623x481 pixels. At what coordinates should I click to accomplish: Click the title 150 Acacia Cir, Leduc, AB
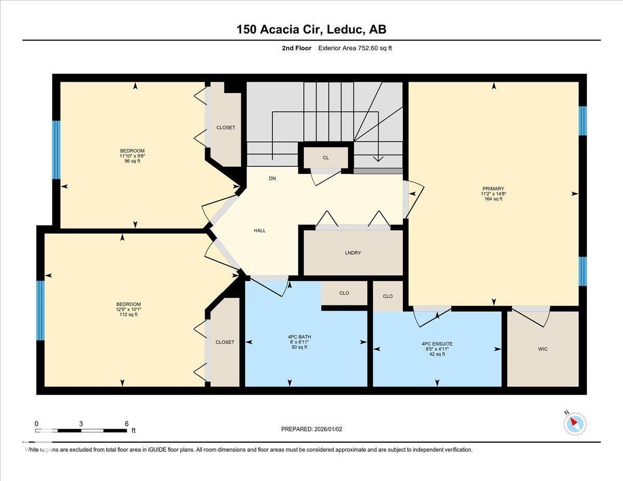tap(311, 30)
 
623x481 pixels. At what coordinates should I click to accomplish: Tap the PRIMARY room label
tap(493, 189)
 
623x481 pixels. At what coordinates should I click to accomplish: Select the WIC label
tap(543, 349)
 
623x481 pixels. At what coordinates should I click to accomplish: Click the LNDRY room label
tap(353, 253)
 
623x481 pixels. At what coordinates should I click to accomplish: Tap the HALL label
tap(260, 230)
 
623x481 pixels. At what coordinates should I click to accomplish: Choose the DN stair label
tap(272, 178)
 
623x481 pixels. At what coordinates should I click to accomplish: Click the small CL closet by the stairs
tap(326, 158)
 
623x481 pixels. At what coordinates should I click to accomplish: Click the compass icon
tap(575, 423)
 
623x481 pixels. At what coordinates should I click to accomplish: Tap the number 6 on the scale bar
tap(126, 423)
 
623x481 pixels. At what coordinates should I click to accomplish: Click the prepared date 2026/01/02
tap(311, 429)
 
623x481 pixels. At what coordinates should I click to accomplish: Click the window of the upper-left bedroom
tap(56, 150)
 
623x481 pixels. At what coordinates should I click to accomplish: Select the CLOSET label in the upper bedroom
tap(225, 128)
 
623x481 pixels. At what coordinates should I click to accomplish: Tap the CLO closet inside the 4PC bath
tap(344, 293)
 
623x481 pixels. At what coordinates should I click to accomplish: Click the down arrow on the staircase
tap(379, 158)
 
